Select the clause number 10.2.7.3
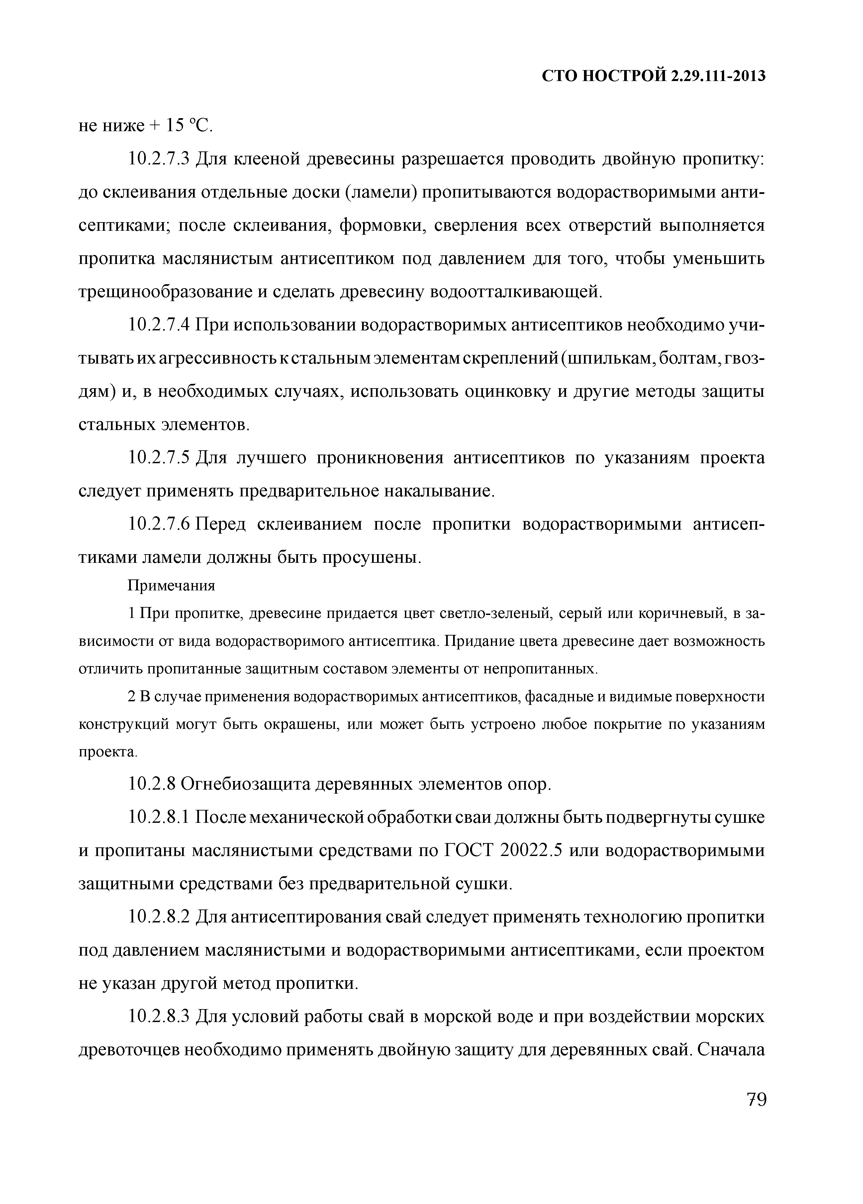pyautogui.click(x=159, y=159)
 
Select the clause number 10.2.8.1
pyautogui.click(x=159, y=817)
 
